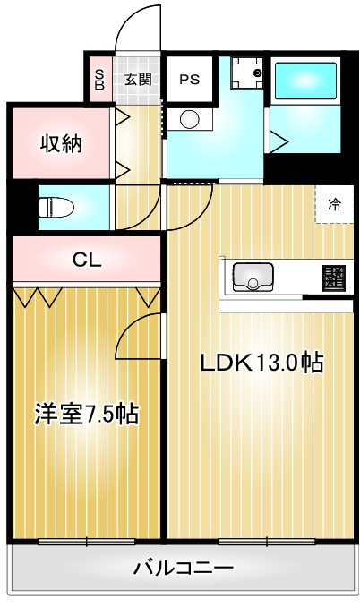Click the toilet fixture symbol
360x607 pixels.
point(56,207)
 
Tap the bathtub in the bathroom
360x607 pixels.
point(304,81)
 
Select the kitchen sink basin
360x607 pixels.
point(253,277)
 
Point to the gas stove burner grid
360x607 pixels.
point(334,278)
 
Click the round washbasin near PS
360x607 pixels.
point(190,119)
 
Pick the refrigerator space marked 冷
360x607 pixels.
point(334,204)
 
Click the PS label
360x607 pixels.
point(190,80)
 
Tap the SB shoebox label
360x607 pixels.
point(99,80)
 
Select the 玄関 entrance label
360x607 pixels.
point(138,80)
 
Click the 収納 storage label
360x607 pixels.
point(61,144)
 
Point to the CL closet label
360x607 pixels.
point(88,261)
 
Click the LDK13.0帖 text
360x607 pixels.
point(261,363)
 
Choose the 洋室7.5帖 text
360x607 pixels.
point(86,415)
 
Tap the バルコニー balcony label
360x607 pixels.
point(184,569)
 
